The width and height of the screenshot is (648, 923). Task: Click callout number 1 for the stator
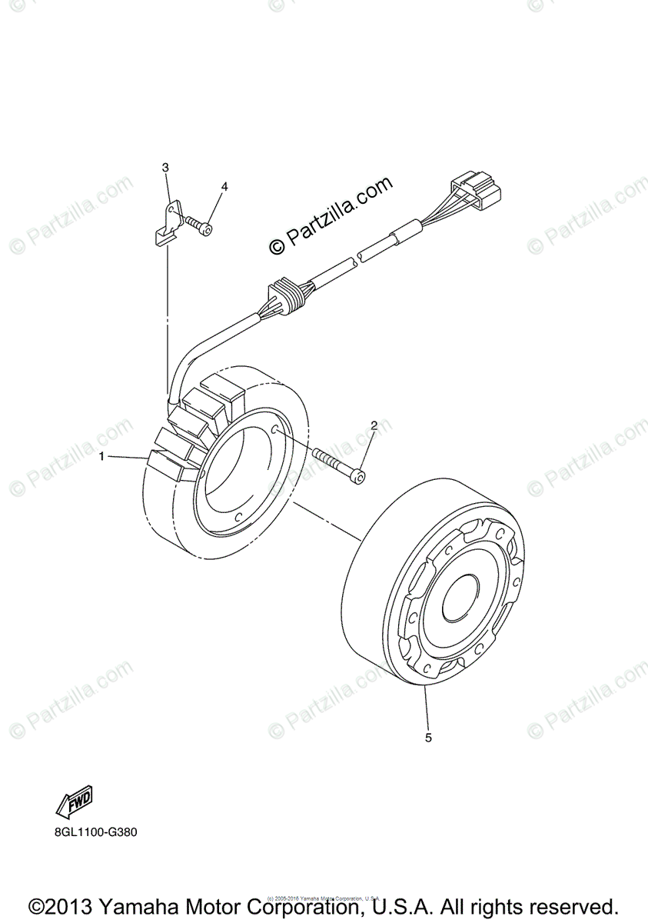pos(101,457)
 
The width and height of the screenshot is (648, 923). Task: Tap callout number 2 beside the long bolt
pos(374,425)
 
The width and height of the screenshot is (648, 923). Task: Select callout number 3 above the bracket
pos(165,167)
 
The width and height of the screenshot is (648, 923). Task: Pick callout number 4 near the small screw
pos(224,186)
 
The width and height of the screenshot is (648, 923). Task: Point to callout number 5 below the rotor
pos(428,738)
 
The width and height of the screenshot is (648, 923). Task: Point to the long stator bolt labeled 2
pos(339,466)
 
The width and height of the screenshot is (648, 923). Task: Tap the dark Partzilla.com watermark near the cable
pos(331,215)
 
